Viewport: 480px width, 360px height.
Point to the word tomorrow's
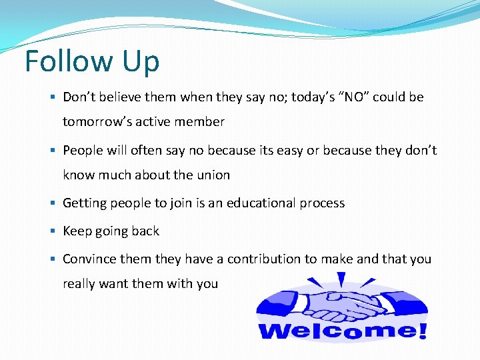click(x=98, y=122)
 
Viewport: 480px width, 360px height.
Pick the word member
click(x=202, y=122)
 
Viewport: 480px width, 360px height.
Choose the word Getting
click(x=85, y=203)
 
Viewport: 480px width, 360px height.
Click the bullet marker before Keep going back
click(x=53, y=231)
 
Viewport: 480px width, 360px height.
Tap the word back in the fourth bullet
click(x=146, y=231)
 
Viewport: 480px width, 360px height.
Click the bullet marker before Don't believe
click(x=53, y=97)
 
